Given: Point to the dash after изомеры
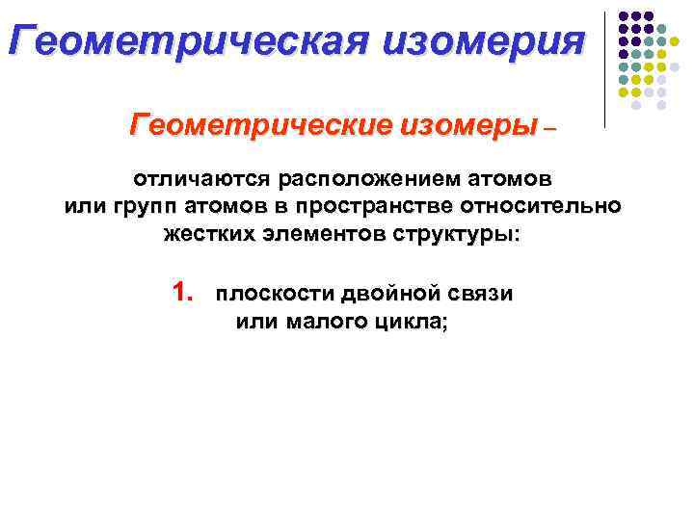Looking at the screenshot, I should (550, 127).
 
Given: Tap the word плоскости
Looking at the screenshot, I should (266, 295).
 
